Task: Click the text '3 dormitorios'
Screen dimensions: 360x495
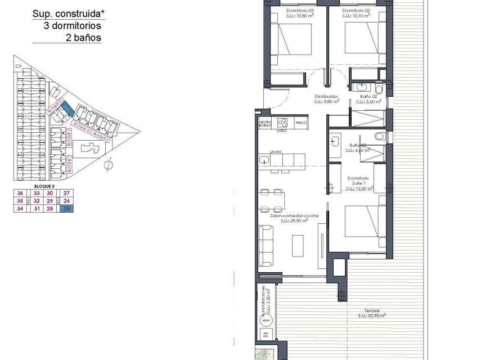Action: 73,26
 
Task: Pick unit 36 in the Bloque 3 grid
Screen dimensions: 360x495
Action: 20,193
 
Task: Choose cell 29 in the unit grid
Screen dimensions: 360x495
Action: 50,201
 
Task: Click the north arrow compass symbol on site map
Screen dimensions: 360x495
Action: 109,164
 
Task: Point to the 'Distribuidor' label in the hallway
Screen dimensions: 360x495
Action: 326,96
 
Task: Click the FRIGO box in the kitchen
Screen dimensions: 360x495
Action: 300,122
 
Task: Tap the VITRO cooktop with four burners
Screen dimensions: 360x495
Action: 282,122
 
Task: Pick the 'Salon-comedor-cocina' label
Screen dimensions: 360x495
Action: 294,216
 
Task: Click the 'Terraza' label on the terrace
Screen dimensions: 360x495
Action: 371,310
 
